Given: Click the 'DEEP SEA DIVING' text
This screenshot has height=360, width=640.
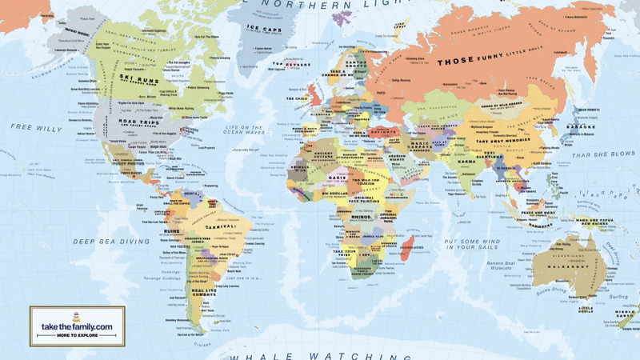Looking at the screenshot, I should click(101, 241).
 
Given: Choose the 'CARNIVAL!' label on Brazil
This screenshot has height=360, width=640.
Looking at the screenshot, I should click(220, 226).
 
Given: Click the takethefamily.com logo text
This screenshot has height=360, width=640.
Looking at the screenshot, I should click(77, 326).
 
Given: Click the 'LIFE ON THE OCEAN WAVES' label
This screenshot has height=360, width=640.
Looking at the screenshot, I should click(246, 130).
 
